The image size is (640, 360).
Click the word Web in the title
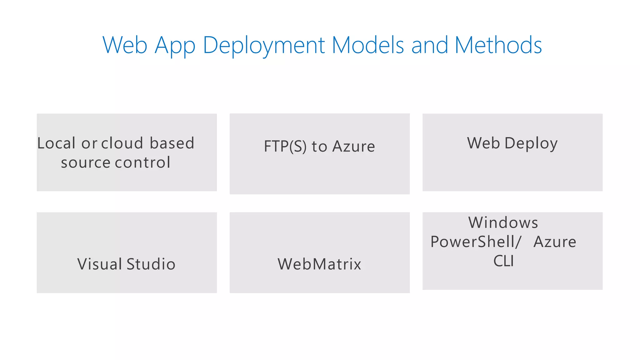pyautogui.click(x=125, y=45)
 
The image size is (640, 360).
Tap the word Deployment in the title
pyautogui.click(x=264, y=45)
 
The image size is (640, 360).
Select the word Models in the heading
pyautogui.click(x=368, y=45)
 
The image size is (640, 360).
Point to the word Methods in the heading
pyautogui.click(x=498, y=45)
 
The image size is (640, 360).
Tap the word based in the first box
pyautogui.click(x=172, y=143)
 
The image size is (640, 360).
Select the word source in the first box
pyautogui.click(x=86, y=163)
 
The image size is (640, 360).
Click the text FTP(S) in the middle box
pyautogui.click(x=285, y=146)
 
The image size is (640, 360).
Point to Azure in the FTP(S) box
pyautogui.click(x=353, y=146)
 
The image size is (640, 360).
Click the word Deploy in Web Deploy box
pyautogui.click(x=531, y=143)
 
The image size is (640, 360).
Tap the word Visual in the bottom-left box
pyautogui.click(x=100, y=264)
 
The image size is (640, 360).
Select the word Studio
pyautogui.click(x=151, y=264)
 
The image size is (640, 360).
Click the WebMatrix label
pyautogui.click(x=319, y=264)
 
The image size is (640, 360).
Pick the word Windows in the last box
pyautogui.click(x=503, y=223)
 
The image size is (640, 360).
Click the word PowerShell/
pyautogui.click(x=476, y=242)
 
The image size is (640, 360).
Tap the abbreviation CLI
pyautogui.click(x=503, y=261)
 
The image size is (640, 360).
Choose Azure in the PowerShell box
pyautogui.click(x=555, y=242)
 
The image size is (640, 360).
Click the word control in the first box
pyautogui.click(x=142, y=163)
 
